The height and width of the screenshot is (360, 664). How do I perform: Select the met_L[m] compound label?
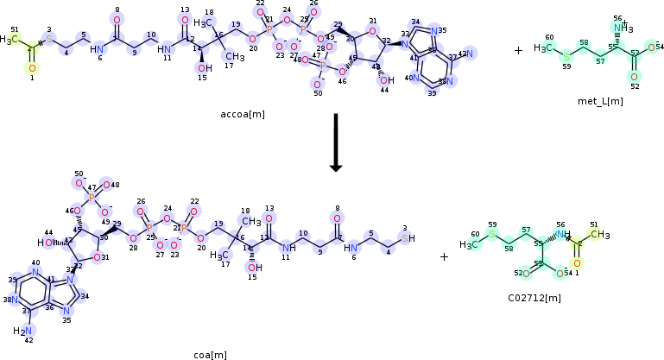[600, 101]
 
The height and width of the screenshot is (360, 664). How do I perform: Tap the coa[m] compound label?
[210, 355]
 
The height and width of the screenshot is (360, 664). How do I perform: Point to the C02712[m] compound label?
[534, 298]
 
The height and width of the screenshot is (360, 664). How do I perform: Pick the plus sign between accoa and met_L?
[518, 51]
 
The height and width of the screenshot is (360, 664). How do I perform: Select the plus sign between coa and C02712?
[444, 256]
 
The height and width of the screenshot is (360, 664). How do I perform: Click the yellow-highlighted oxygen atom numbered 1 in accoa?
[32, 67]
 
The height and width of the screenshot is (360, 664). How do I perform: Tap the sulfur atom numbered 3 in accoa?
[49, 40]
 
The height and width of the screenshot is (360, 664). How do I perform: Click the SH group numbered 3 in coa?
[408, 239]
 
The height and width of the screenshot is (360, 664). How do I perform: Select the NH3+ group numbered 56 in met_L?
[619, 28]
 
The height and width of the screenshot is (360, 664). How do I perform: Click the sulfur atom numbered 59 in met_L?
[566, 56]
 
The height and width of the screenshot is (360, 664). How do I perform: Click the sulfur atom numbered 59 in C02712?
[492, 233]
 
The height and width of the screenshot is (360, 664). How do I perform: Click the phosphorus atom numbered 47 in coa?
[92, 198]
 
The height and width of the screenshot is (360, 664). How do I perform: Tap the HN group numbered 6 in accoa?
[98, 48]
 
